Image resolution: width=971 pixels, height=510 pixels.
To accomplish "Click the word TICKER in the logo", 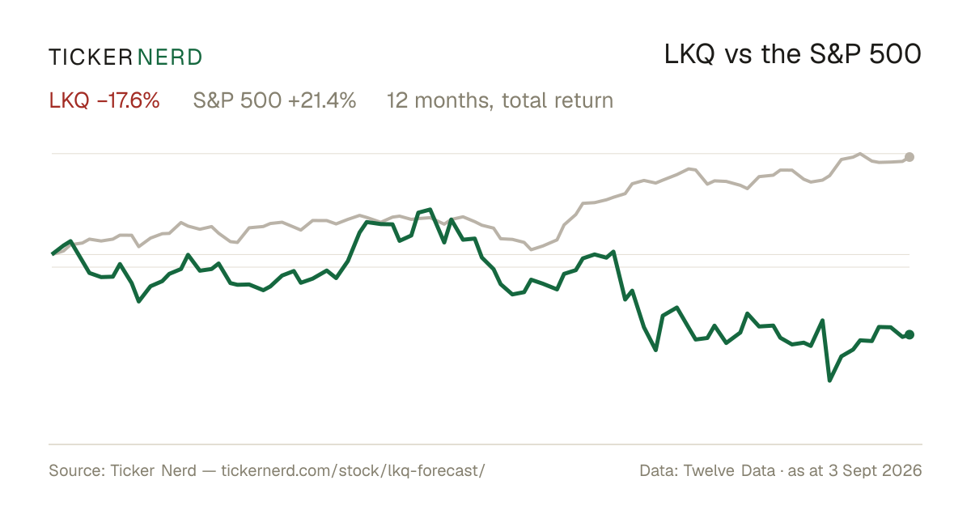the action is click(x=91, y=57).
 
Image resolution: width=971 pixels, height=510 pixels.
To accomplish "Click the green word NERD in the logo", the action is click(x=169, y=57).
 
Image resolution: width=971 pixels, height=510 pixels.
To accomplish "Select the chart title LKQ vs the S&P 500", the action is click(x=793, y=54).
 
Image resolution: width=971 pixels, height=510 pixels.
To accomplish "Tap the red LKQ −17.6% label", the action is click(x=104, y=100).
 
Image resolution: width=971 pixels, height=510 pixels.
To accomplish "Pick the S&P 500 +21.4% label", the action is click(x=274, y=100).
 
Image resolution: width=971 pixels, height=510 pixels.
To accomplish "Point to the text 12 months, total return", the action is click(x=500, y=101).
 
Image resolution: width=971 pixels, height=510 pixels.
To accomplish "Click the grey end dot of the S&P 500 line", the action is click(x=910, y=157).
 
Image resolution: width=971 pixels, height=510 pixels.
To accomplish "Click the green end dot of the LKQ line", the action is click(x=910, y=334).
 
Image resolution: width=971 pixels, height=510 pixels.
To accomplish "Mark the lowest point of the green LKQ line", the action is click(x=829, y=380).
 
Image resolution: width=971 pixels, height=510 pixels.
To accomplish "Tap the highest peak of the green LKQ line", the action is click(x=430, y=210).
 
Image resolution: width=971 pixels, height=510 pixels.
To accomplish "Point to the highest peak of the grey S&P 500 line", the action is click(x=860, y=154).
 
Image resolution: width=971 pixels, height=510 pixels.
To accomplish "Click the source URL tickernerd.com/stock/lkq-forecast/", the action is click(x=354, y=470).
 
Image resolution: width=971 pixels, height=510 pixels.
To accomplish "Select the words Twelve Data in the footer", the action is click(x=729, y=470).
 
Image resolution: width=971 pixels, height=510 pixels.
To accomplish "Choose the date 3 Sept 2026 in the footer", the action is click(x=876, y=470).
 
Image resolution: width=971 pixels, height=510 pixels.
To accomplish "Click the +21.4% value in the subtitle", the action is click(x=322, y=100).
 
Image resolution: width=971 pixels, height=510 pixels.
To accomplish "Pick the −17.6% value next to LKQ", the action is click(x=129, y=100).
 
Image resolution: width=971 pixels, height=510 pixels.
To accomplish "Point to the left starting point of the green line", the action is click(x=53, y=253).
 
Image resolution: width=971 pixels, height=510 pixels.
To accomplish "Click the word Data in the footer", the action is click(x=658, y=470).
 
